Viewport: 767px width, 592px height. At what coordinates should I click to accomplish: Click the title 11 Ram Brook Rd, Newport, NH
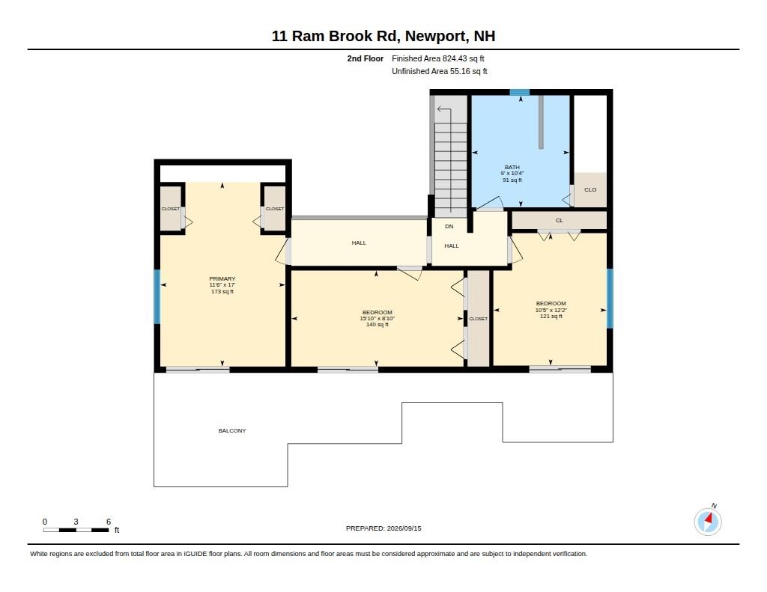pos(383,36)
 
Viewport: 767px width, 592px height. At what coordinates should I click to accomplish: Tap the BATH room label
pos(512,167)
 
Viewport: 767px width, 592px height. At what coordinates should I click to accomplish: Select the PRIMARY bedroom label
pos(222,278)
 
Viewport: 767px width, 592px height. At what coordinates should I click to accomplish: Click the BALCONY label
pos(232,430)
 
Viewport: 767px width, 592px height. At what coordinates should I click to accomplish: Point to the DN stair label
pos(449,226)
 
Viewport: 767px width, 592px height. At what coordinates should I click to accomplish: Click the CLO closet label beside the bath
pos(590,189)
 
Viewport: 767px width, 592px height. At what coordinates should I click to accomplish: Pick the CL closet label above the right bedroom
pos(559,221)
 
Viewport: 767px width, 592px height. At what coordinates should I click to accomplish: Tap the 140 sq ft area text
pos(378,325)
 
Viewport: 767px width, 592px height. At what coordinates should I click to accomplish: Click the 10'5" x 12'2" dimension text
pos(551,310)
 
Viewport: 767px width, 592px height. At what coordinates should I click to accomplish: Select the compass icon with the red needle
pos(708,522)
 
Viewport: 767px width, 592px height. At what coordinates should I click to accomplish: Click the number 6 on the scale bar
pos(109,522)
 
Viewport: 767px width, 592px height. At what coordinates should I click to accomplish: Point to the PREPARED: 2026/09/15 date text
pos(383,528)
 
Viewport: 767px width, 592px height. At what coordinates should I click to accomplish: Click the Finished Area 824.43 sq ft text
pos(437,58)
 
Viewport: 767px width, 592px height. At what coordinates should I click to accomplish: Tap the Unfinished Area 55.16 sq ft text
pos(439,71)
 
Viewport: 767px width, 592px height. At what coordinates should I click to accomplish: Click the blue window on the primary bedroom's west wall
pos(157,296)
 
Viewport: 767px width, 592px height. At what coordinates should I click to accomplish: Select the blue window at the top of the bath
pos(520,92)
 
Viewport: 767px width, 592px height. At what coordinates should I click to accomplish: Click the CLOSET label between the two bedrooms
pos(478,319)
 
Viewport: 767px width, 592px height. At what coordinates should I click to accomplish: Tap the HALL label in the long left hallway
pos(359,243)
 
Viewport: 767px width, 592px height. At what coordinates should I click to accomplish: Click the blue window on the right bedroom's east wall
pos(610,298)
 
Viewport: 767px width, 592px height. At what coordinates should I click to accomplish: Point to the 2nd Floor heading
pos(366,58)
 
